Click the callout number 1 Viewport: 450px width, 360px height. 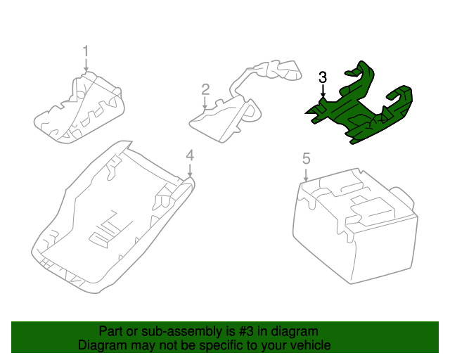pos(86,51)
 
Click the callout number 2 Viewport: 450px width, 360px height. pos(205,89)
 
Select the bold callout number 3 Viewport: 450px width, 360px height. pos(323,77)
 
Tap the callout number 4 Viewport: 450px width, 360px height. pos(189,155)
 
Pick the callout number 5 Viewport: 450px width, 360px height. pos(306,159)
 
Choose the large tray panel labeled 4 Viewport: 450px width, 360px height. pos(112,218)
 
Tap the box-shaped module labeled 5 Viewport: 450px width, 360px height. pos(352,225)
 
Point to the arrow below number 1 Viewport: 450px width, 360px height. pos(86,65)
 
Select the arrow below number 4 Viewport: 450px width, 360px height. pos(189,169)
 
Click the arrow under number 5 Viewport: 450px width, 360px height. pos(306,174)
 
